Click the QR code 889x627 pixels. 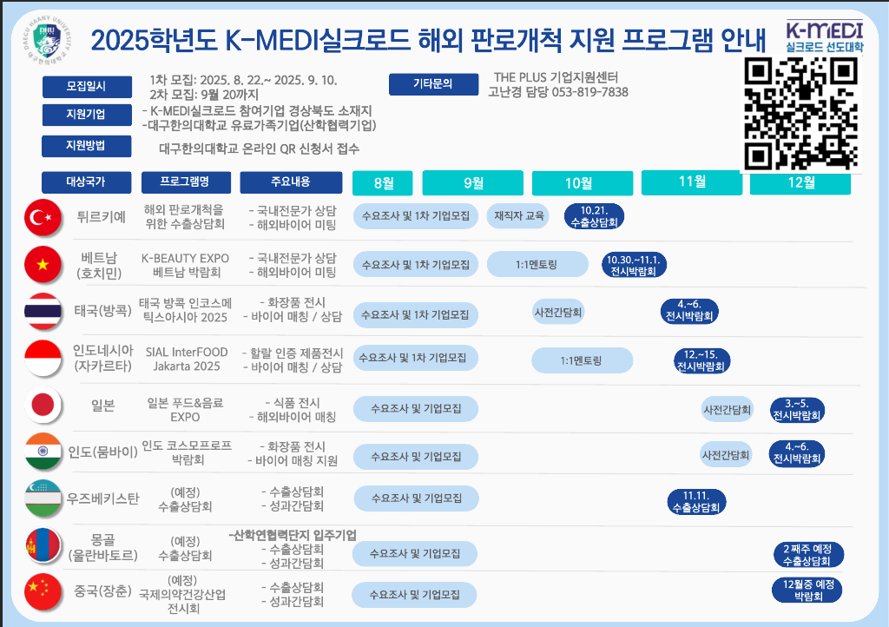click(x=800, y=114)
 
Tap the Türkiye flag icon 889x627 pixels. click(x=43, y=217)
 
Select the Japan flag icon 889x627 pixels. click(x=43, y=406)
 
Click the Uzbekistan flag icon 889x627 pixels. click(x=43, y=498)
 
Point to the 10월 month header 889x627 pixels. click(x=583, y=183)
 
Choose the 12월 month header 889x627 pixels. click(x=800, y=182)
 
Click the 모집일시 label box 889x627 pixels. click(x=87, y=87)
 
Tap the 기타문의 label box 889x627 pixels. click(x=433, y=84)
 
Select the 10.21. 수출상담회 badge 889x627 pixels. click(x=594, y=216)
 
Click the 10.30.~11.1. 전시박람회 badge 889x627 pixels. click(x=634, y=266)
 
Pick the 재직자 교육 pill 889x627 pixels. click(x=518, y=216)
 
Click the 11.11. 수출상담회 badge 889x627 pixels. click(x=696, y=502)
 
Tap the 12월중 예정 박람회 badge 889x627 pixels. click(x=807, y=590)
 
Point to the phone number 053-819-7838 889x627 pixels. click(x=589, y=92)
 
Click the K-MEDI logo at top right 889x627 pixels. click(x=825, y=36)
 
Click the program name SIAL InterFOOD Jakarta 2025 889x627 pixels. click(x=187, y=359)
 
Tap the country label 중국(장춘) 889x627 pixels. click(x=102, y=591)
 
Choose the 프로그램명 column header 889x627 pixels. click(x=186, y=182)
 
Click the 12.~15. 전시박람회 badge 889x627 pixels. click(x=701, y=360)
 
